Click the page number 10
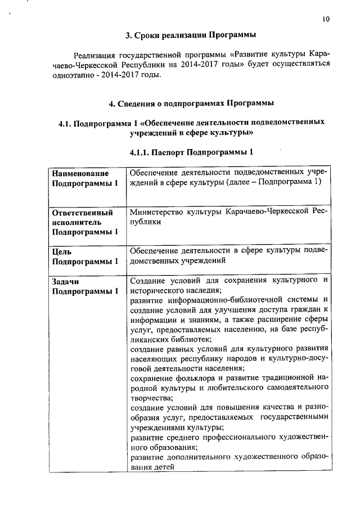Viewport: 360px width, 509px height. tap(326, 19)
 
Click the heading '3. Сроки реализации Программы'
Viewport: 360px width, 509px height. tap(191, 35)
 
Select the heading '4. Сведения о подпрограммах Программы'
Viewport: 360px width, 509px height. tap(191, 103)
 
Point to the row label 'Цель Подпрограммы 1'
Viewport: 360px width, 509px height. tap(85, 256)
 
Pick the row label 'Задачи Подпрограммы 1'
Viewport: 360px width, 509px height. tap(85, 285)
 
